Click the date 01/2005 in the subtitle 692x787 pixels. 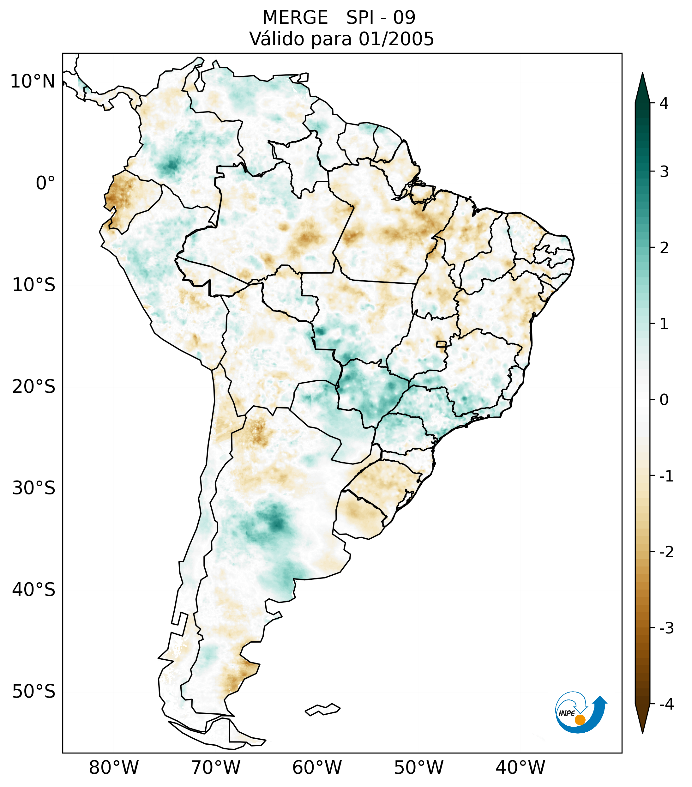[396, 39]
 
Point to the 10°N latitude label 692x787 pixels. [33, 82]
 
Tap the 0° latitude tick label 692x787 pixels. [45, 183]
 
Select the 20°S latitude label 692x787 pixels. [34, 387]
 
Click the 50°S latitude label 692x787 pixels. [34, 692]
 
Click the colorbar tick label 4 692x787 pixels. [664, 103]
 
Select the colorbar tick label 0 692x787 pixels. [664, 400]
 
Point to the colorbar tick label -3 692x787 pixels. [666, 628]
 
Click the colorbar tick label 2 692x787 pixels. [664, 248]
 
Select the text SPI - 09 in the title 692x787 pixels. [381, 18]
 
